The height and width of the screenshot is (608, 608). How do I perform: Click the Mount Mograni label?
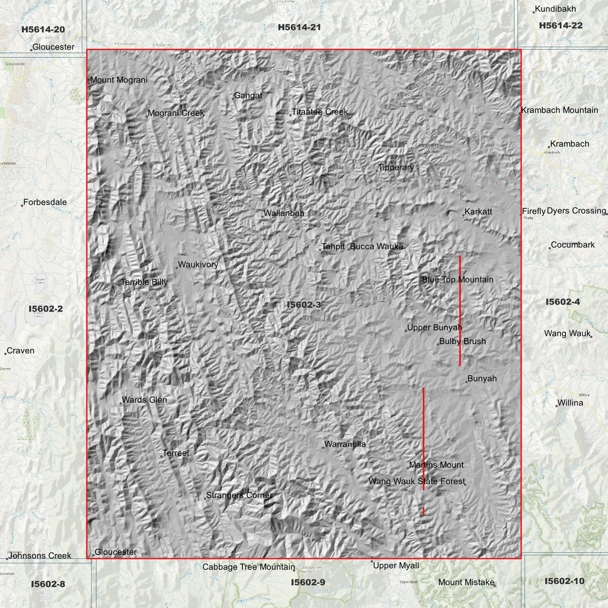click(119, 80)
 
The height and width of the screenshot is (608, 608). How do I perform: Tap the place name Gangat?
click(248, 96)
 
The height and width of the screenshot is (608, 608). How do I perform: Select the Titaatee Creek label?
click(320, 112)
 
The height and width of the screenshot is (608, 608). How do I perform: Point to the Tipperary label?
click(396, 167)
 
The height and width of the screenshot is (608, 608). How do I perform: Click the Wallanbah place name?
click(284, 213)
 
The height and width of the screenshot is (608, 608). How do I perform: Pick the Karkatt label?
click(478, 212)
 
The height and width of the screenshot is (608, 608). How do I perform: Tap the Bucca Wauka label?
click(377, 247)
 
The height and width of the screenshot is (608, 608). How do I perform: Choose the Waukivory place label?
click(198, 265)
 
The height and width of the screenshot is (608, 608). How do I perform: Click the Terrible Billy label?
click(144, 282)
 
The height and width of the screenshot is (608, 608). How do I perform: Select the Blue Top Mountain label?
click(458, 280)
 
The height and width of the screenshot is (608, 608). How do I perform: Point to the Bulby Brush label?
click(462, 341)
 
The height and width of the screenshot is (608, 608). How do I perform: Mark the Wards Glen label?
click(144, 400)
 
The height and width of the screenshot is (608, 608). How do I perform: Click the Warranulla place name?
click(345, 444)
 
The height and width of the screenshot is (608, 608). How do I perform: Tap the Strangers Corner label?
click(239, 495)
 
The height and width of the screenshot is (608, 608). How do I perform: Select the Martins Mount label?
click(436, 465)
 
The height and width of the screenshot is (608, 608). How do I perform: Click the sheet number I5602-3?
click(304, 305)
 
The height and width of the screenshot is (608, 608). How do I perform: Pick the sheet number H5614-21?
click(299, 27)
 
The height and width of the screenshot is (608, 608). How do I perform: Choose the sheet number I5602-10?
click(564, 581)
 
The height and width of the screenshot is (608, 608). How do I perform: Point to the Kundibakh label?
click(555, 9)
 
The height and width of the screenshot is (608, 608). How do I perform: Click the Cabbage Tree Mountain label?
click(249, 567)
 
